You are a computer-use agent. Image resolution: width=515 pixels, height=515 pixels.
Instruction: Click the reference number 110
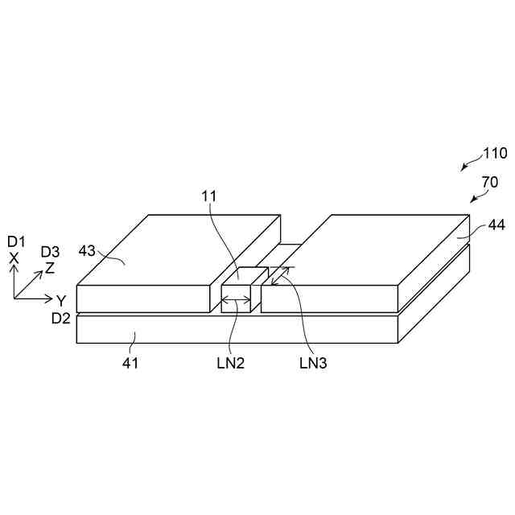[495, 154]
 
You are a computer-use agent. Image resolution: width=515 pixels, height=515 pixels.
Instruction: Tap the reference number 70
[490, 183]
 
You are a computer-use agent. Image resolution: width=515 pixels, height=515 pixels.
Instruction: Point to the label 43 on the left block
[88, 251]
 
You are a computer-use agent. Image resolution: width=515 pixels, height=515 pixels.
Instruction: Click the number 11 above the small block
[209, 196]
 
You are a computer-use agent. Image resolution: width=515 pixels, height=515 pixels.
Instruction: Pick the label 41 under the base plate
[130, 363]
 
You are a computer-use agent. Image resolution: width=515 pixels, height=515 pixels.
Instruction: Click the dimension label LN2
[230, 363]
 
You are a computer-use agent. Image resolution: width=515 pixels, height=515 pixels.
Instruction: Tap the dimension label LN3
[314, 363]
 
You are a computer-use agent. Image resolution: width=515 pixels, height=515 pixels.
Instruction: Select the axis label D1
[16, 241]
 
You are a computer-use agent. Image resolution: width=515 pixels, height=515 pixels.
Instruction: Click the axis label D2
[61, 319]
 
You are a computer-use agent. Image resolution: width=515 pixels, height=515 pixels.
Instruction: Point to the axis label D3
[51, 252]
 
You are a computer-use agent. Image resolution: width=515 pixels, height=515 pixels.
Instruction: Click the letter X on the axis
[14, 257]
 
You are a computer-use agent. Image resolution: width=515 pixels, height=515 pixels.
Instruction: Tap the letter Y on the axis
[60, 301]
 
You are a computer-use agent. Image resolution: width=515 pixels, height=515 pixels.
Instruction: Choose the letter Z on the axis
[50, 268]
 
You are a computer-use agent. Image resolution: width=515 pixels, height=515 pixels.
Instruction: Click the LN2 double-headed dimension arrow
[237, 301]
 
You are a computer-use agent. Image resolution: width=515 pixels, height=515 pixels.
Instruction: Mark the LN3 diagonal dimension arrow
[279, 276]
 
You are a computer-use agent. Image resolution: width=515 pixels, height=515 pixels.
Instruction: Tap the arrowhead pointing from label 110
[463, 168]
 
